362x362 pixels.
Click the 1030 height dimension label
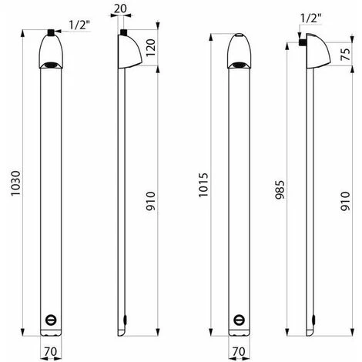pyautogui.click(x=15, y=183)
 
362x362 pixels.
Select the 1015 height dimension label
pyautogui.click(x=203, y=185)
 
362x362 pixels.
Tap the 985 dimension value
pyautogui.click(x=280, y=190)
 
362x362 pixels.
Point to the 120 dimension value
pyautogui.click(x=151, y=48)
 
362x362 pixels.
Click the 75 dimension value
pyautogui.click(x=346, y=54)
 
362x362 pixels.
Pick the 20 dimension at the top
pyautogui.click(x=120, y=8)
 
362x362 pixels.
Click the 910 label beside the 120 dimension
pyautogui.click(x=151, y=201)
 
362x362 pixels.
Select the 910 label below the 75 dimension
pyautogui.click(x=346, y=201)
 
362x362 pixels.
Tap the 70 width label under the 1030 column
pyautogui.click(x=51, y=351)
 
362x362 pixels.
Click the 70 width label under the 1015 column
pyautogui.click(x=239, y=351)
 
